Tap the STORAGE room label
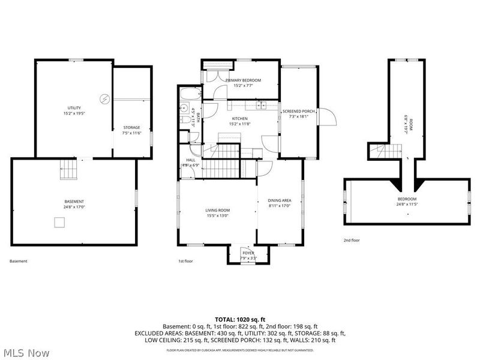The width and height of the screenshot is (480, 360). click(x=131, y=127)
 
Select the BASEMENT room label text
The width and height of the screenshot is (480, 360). click(x=74, y=201)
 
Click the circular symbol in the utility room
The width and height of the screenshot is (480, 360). click(x=104, y=98)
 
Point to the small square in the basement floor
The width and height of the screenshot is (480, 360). click(x=59, y=223)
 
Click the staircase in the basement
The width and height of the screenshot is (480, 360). click(x=68, y=170)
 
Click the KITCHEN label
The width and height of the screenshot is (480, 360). click(x=240, y=119)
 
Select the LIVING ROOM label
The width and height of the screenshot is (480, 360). click(x=218, y=210)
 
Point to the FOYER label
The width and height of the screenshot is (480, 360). click(x=248, y=253)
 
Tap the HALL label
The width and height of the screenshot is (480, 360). click(x=190, y=160)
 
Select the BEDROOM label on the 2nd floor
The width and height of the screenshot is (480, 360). click(x=406, y=199)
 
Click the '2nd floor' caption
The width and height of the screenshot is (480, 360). click(x=351, y=240)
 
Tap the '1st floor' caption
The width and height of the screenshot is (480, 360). click(x=185, y=261)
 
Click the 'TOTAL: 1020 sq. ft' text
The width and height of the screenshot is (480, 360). click(x=239, y=319)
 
